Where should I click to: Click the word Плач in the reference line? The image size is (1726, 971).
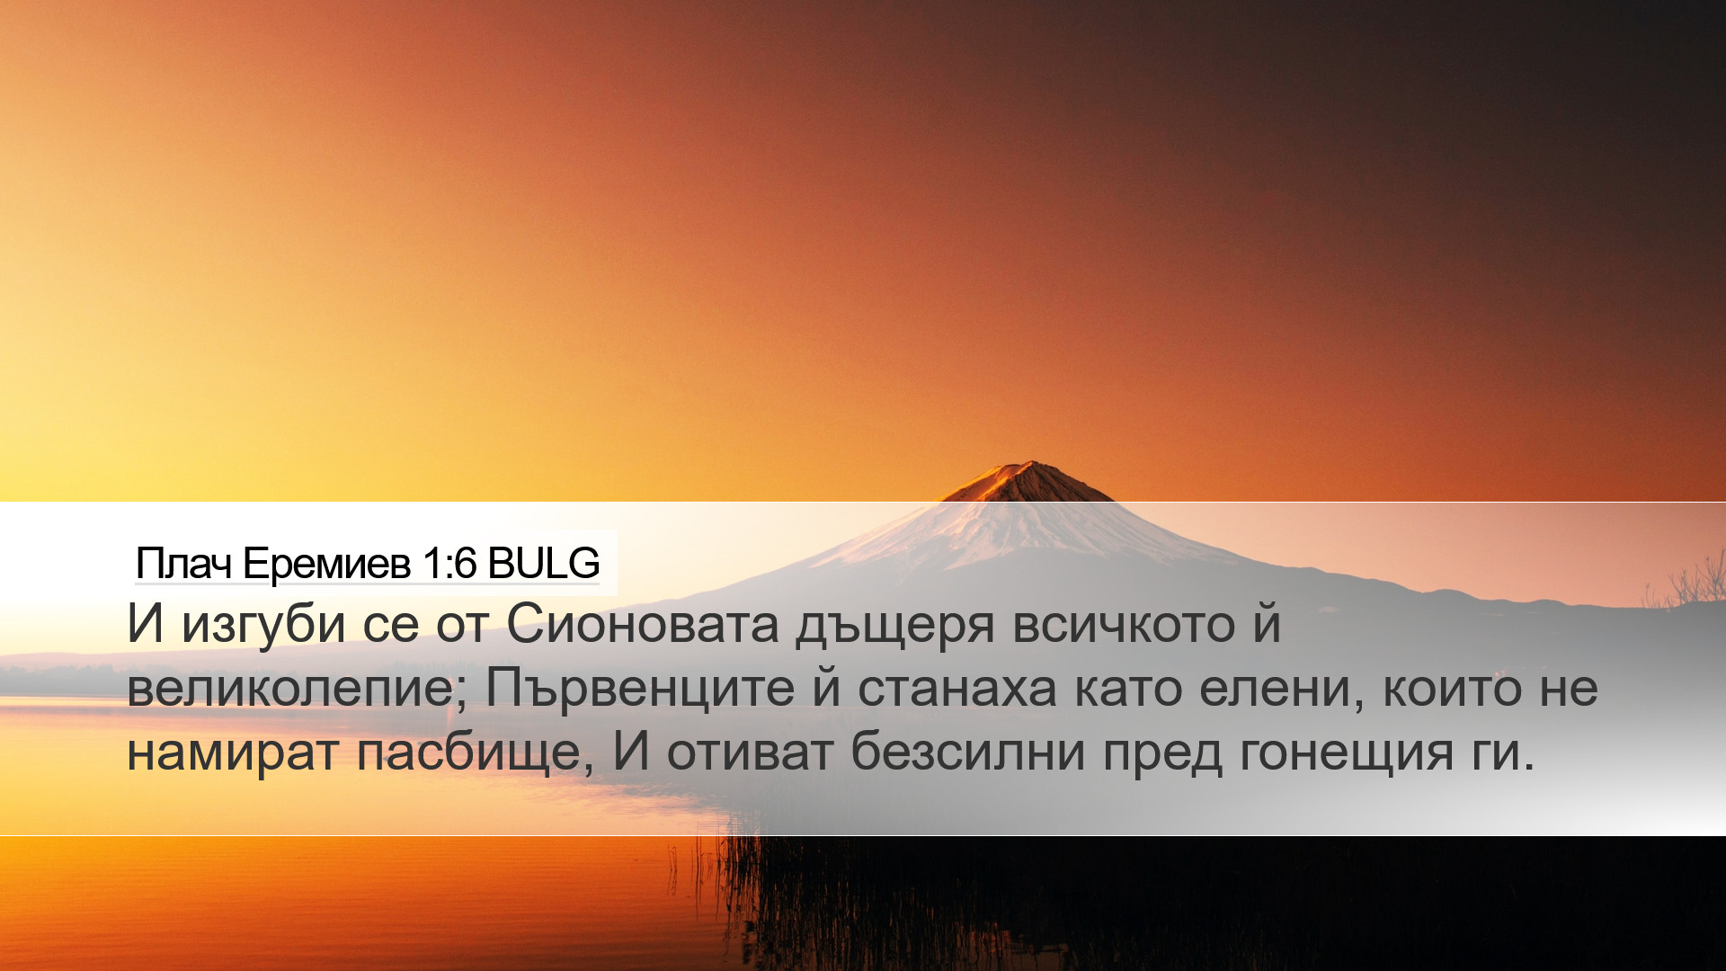pos(184,564)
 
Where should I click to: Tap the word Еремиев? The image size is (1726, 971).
pos(327,564)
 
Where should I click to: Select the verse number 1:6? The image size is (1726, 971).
pos(449,564)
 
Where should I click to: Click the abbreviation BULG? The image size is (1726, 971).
pos(543,564)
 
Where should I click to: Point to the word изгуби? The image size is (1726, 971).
pos(263,625)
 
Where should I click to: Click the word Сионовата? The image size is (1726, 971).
pos(642,624)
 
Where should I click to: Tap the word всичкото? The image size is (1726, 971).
pos(1124,625)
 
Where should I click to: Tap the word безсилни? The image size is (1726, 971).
pos(968,752)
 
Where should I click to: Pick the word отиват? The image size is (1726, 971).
pos(750,753)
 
